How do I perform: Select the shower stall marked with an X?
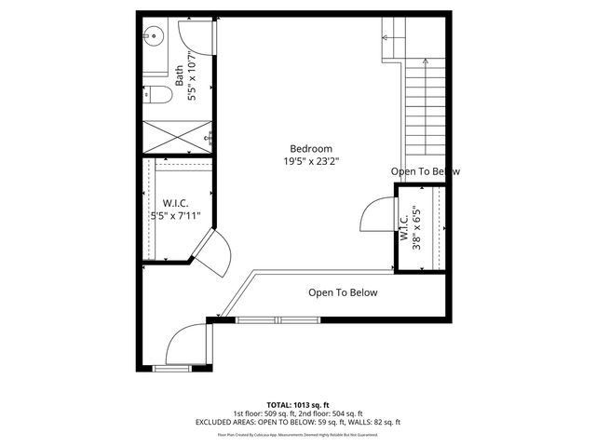click(177, 136)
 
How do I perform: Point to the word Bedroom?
click(310, 149)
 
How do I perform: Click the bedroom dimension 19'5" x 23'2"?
click(310, 161)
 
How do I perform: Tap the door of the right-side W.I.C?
click(375, 215)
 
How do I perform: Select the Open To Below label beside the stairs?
click(425, 171)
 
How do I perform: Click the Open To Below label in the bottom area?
click(343, 292)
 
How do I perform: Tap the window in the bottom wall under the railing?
click(278, 320)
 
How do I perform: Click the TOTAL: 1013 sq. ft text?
click(297, 405)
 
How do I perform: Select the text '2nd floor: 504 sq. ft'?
click(332, 413)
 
